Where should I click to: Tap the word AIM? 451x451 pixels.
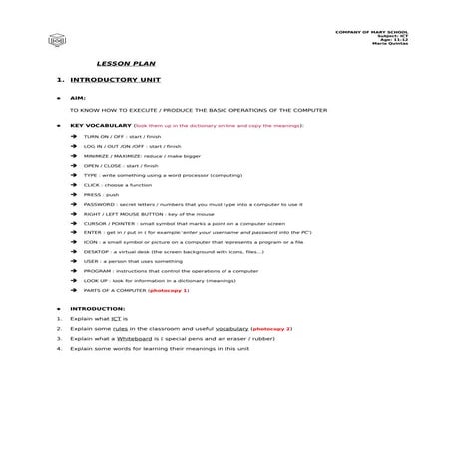pyautogui.click(x=78, y=98)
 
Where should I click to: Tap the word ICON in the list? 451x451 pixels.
pyautogui.click(x=91, y=242)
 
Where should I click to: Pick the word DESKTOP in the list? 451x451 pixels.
pyautogui.click(x=96, y=251)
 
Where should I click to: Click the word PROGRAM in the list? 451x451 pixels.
pyautogui.click(x=97, y=271)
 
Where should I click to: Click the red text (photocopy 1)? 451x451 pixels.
pyautogui.click(x=170, y=290)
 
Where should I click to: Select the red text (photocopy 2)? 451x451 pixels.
pyautogui.click(x=272, y=328)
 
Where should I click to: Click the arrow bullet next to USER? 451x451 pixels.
pyautogui.click(x=74, y=261)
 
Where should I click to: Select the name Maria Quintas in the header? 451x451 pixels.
pyautogui.click(x=388, y=43)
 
